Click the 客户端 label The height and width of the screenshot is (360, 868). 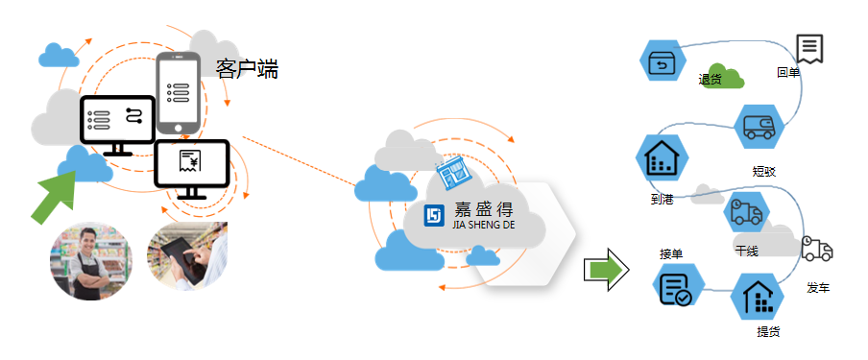click(x=247, y=69)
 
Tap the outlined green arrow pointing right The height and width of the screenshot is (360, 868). click(x=606, y=269)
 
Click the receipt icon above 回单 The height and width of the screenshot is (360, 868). click(x=809, y=47)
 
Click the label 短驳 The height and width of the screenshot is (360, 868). click(x=764, y=172)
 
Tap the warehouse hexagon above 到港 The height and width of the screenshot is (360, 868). click(x=661, y=158)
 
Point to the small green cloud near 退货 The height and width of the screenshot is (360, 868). click(x=733, y=77)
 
